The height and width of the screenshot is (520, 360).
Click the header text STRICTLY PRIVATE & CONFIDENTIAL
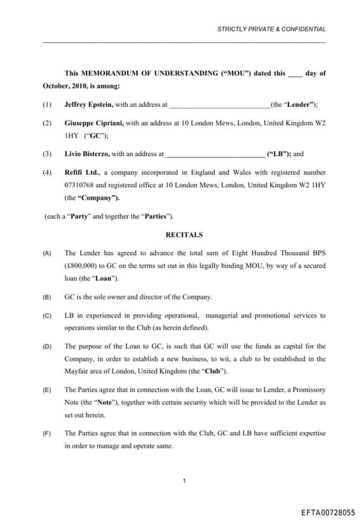271,30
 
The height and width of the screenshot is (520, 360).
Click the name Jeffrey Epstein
88,104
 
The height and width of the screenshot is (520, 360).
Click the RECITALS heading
184,235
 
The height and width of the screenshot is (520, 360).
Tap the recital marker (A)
47,253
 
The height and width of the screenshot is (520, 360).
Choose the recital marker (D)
47,346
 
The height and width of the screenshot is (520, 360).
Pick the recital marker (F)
47,434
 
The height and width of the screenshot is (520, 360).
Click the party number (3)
47,153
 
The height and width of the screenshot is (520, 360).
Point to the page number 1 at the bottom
184,481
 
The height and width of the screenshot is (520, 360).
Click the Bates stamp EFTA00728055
328,513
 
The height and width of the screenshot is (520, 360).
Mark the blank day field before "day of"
295,74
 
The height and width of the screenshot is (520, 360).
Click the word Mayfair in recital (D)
77,371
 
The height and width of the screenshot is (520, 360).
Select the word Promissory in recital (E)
309,390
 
